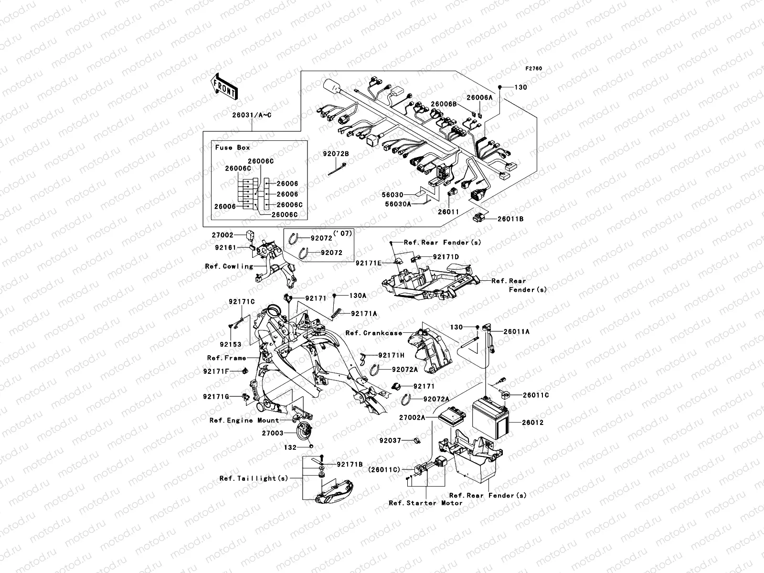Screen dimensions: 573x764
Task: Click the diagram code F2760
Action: [534, 69]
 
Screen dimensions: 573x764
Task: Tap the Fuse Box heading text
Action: [233, 148]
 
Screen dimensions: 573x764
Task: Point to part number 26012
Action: [532, 423]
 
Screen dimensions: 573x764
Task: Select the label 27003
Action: [272, 433]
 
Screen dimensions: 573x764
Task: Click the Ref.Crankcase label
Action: [374, 333]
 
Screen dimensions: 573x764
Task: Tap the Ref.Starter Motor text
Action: [425, 503]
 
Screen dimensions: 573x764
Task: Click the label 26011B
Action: [510, 219]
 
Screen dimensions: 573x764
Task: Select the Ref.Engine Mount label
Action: [244, 420]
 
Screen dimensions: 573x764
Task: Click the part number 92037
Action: [390, 440]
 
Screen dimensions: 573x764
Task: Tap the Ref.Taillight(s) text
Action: [254, 478]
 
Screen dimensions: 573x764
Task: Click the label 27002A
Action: [412, 417]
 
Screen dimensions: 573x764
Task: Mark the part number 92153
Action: [230, 344]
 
